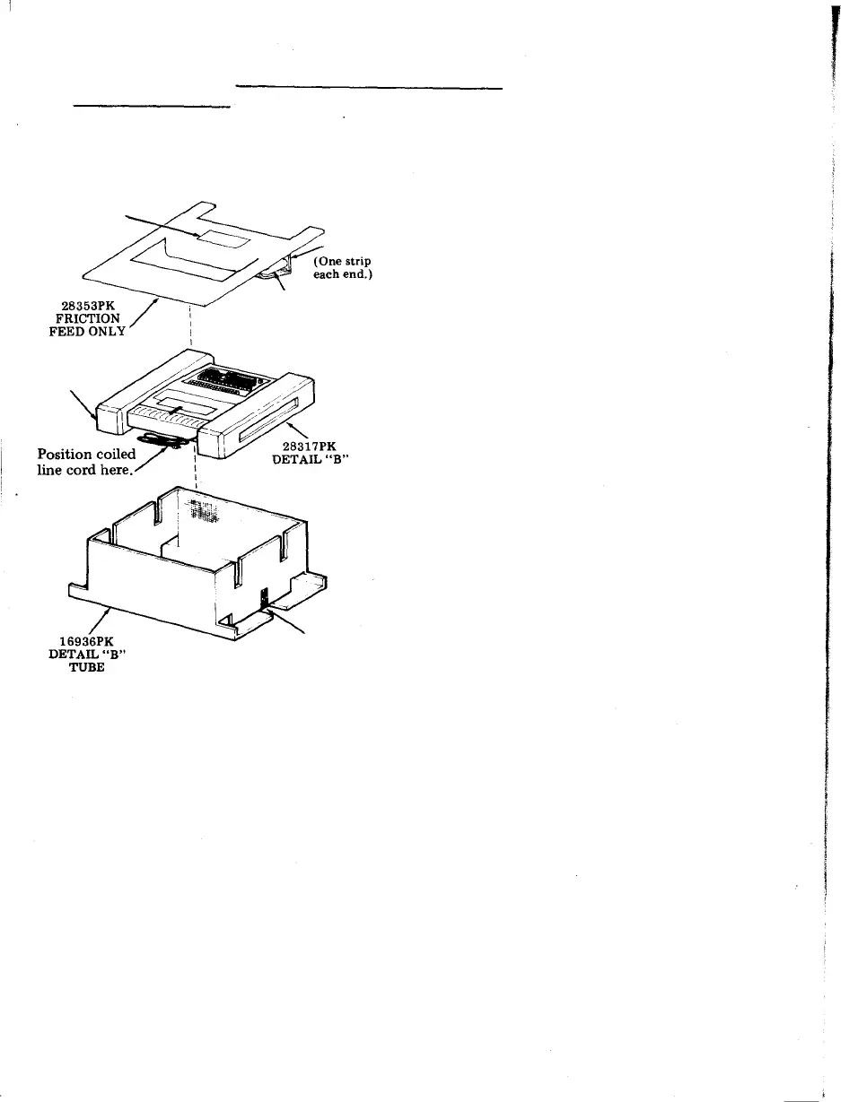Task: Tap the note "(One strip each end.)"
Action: coord(343,268)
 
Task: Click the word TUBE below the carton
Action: coord(87,668)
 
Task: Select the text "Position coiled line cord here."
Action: coord(87,463)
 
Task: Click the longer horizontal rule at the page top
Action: coord(368,88)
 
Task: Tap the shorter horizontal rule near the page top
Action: coord(152,106)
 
